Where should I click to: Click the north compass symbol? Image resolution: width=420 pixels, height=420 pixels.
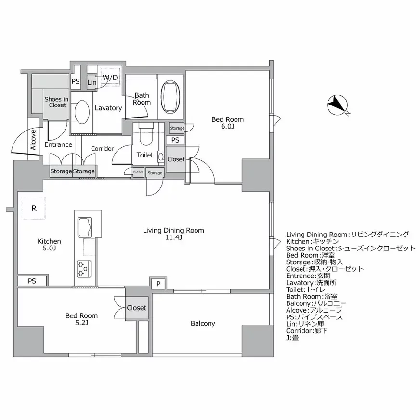[338, 105]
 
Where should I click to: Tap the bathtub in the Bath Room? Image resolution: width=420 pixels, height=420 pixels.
[170, 97]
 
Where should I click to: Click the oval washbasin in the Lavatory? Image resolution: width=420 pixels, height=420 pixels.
[82, 112]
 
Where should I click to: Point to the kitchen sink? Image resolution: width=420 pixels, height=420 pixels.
[85, 227]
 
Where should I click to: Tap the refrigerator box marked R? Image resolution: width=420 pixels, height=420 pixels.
[34, 208]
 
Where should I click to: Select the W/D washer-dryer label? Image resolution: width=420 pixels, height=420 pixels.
[110, 78]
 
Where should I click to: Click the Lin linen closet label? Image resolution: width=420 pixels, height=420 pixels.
[92, 82]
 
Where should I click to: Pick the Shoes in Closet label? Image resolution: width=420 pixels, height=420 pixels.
[56, 102]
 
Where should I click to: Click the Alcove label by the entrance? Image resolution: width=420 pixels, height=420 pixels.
[33, 140]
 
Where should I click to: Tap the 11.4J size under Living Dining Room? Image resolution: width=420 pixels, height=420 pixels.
[173, 237]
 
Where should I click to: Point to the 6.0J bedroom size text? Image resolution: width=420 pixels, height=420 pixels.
[228, 126]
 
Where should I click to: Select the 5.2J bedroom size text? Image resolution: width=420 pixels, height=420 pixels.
[81, 323]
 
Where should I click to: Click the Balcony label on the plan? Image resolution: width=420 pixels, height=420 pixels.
[203, 324]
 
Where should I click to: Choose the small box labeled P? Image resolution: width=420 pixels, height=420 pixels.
[158, 284]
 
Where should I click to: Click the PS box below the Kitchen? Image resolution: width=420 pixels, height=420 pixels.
[32, 281]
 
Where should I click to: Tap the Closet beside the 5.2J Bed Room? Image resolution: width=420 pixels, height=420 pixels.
[137, 308]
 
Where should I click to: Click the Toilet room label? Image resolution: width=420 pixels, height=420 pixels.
[145, 155]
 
